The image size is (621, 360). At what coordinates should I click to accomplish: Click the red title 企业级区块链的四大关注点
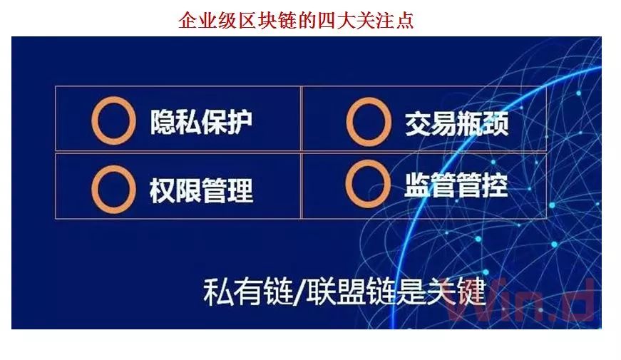coord(296,20)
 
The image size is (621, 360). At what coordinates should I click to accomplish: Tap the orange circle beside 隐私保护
coord(95,121)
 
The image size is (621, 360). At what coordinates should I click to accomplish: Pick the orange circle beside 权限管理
coord(95,190)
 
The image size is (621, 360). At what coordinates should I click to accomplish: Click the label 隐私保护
coord(201,121)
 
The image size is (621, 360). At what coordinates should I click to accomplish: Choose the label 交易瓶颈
coord(456,124)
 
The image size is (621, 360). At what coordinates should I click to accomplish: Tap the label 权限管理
coord(201,190)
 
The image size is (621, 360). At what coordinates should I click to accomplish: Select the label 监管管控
coord(456,185)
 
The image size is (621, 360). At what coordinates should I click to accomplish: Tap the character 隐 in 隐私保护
coord(163,121)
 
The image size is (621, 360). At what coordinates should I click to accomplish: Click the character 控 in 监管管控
coord(495,185)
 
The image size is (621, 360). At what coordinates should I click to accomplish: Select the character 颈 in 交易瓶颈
coord(496,124)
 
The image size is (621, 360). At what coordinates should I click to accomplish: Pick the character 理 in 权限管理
coord(240,190)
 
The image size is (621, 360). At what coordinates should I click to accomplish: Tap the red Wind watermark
coord(520,300)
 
